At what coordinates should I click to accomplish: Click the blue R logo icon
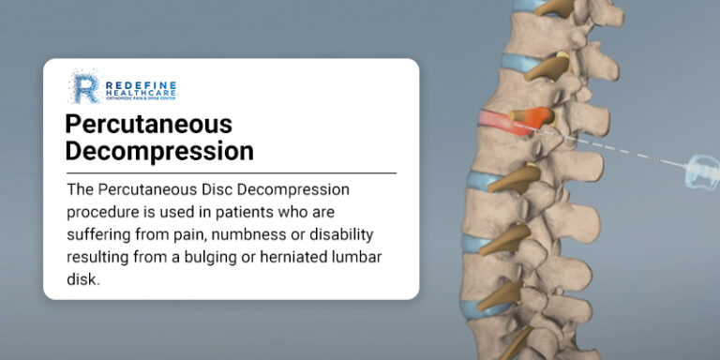(x=84, y=87)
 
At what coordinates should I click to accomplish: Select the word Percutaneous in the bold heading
(x=148, y=124)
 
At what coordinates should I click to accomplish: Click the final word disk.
(x=82, y=279)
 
